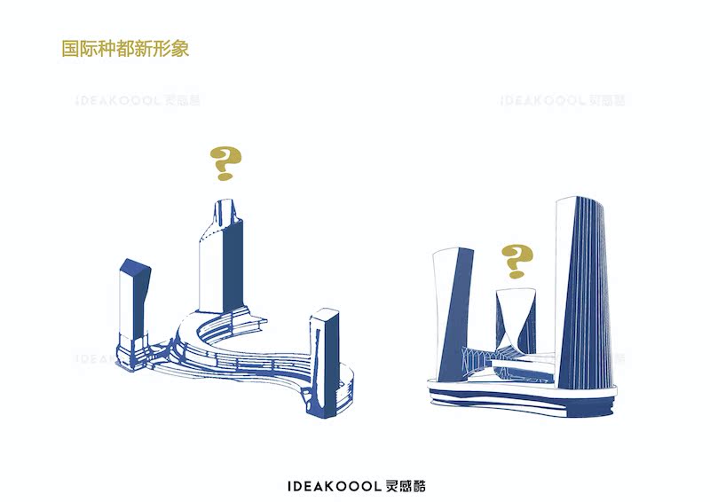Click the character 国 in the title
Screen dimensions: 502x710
[x=70, y=48]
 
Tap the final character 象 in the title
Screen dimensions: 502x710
[x=180, y=48]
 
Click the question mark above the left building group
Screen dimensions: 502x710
[x=226, y=164]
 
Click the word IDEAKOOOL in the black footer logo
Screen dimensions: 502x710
[x=335, y=486]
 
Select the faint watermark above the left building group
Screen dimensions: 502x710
[x=138, y=100]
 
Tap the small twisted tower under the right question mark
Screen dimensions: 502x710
[x=515, y=319]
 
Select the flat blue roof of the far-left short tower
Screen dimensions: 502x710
[x=137, y=268]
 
